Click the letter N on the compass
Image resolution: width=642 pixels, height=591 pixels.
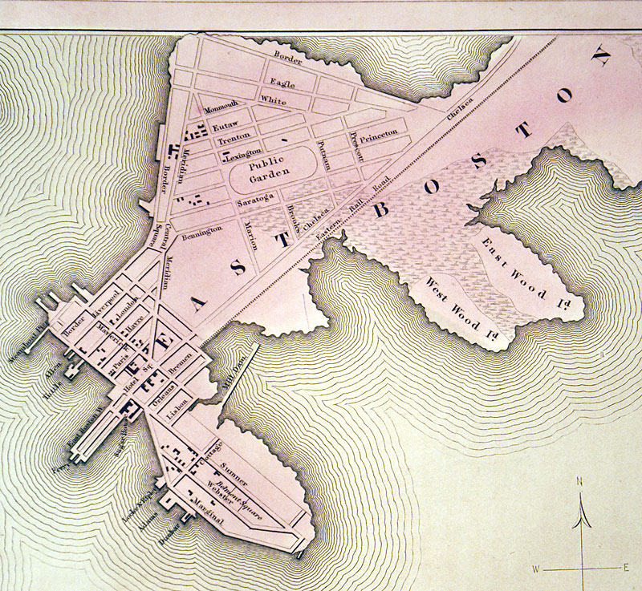pyautogui.click(x=579, y=482)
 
